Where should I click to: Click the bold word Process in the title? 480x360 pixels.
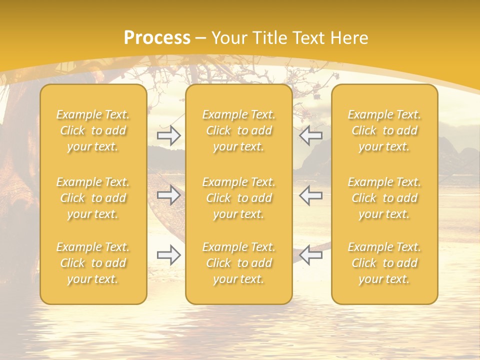click(x=157, y=38)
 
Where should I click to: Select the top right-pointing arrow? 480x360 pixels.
click(x=169, y=135)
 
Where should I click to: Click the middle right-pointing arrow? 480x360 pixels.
click(x=169, y=195)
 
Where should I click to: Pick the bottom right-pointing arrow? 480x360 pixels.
click(x=169, y=255)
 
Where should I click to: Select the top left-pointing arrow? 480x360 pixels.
click(x=310, y=135)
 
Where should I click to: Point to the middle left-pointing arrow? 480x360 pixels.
click(x=310, y=195)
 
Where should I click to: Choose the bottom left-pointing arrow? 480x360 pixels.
click(x=310, y=255)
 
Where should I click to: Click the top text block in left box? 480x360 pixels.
click(x=93, y=130)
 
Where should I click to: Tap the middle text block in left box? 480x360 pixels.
click(x=93, y=198)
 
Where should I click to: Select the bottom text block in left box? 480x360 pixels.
click(x=93, y=263)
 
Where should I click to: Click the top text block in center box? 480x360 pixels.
click(x=239, y=130)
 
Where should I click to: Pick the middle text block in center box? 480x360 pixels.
click(x=239, y=198)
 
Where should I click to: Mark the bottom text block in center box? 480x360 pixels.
click(x=239, y=263)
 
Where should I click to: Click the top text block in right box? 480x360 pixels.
click(x=384, y=130)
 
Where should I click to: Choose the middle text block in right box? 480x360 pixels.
click(x=384, y=198)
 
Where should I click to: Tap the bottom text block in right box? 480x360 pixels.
click(x=384, y=263)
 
